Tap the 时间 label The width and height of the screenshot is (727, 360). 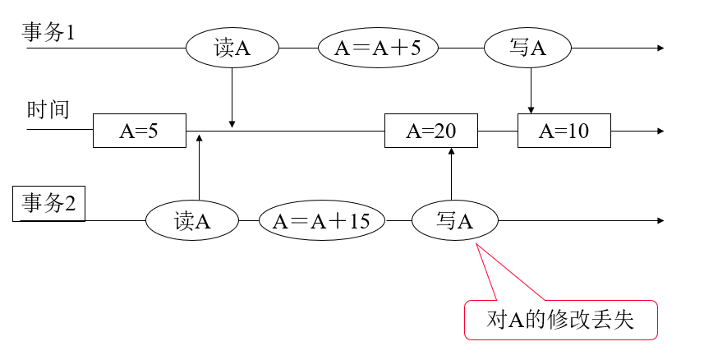click(x=48, y=110)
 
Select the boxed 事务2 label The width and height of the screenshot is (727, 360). click(x=49, y=203)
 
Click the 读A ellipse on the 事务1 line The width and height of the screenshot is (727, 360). click(x=232, y=48)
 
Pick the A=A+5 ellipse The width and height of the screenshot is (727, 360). click(x=379, y=48)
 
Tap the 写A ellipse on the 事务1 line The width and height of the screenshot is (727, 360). click(x=528, y=48)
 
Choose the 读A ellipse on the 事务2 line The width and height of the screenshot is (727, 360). click(x=192, y=221)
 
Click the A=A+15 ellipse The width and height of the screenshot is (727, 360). click(x=322, y=221)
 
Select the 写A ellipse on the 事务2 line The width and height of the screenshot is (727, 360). click(x=454, y=221)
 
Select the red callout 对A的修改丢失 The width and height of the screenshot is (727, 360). click(x=562, y=321)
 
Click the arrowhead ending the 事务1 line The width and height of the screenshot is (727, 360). click(x=660, y=48)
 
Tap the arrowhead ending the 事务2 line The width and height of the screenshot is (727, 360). click(x=660, y=221)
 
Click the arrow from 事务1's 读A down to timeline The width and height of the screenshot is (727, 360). click(x=232, y=99)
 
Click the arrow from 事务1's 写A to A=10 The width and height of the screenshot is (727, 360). click(x=531, y=90)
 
